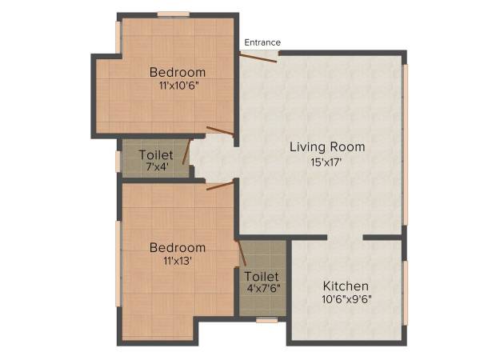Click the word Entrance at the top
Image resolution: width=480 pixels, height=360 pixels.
[x=262, y=42]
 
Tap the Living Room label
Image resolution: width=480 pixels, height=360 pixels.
[x=327, y=146]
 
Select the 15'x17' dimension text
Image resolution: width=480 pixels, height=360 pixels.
[x=327, y=162]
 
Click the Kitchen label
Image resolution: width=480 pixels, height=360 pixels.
[x=346, y=286]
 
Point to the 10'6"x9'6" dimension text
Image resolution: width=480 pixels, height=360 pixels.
[x=346, y=300]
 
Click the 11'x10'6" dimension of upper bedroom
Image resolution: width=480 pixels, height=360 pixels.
[x=178, y=86]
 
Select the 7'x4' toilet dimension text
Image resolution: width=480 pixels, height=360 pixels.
[x=155, y=167]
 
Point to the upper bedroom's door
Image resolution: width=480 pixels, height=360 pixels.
[x=220, y=131]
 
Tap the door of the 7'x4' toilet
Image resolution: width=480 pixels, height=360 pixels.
[x=186, y=152]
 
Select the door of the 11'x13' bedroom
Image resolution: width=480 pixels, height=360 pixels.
[x=219, y=186]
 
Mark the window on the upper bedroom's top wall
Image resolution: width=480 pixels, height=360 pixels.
[x=173, y=14]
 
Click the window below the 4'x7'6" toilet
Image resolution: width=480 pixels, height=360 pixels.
[x=267, y=320]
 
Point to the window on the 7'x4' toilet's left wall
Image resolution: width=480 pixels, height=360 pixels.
[x=118, y=161]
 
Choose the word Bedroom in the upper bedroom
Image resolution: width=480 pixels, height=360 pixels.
[x=178, y=73]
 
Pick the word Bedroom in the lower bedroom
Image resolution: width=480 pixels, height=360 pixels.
[x=178, y=247]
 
